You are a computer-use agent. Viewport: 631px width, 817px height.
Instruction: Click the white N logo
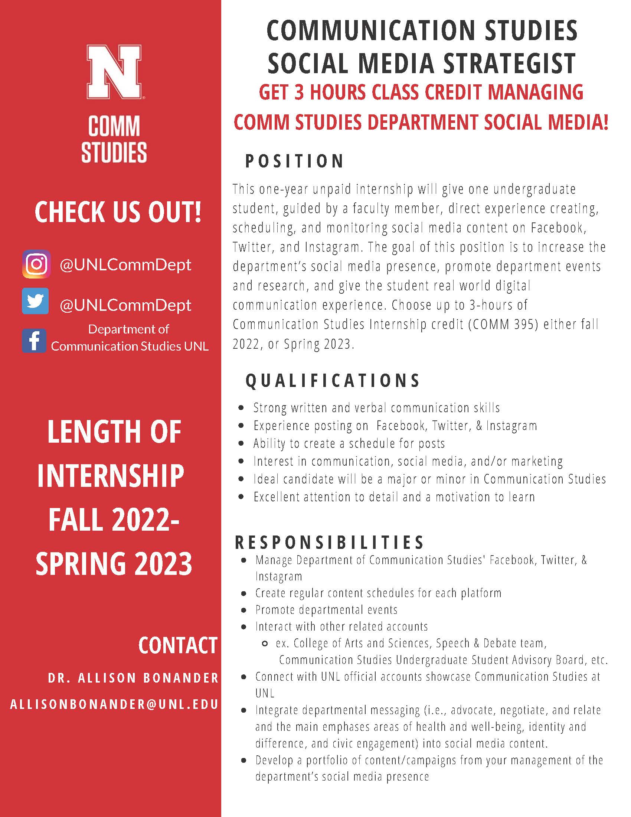click(114, 71)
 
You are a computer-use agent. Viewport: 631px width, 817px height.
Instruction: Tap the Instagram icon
click(36, 264)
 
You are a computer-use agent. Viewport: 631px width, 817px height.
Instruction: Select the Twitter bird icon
click(35, 301)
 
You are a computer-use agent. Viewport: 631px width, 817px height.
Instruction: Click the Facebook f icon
click(34, 341)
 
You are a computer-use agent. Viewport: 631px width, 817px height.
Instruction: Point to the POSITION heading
click(294, 161)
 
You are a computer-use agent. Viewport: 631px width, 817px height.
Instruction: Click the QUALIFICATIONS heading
click(333, 381)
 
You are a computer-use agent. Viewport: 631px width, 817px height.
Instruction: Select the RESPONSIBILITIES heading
click(329, 543)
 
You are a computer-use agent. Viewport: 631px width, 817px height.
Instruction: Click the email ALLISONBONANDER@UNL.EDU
click(114, 704)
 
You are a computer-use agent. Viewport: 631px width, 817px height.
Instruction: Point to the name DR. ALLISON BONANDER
click(133, 678)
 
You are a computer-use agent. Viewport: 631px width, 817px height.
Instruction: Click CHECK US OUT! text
click(118, 212)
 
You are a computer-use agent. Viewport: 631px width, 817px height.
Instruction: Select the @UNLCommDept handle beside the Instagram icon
click(125, 265)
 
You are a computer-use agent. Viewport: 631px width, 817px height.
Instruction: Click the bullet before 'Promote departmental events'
click(244, 610)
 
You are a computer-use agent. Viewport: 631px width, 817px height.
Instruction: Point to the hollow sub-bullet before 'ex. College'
click(265, 644)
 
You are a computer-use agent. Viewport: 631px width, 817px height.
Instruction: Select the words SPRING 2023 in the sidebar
click(114, 563)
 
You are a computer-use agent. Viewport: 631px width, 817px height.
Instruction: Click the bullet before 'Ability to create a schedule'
click(242, 444)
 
